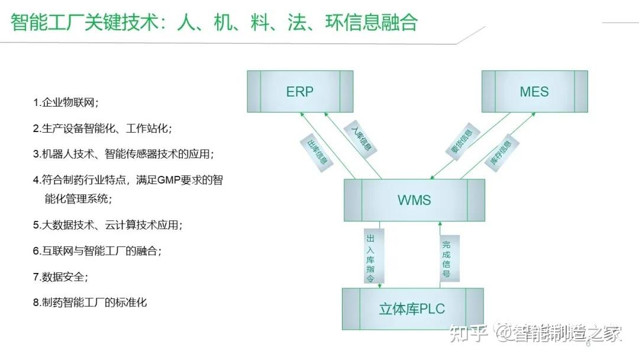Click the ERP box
click(x=300, y=92)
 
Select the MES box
click(x=534, y=92)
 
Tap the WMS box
click(x=414, y=200)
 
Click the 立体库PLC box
click(x=412, y=308)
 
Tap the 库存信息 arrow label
click(x=501, y=152)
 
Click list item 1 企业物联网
click(x=66, y=102)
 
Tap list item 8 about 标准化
click(x=90, y=303)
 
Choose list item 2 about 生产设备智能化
click(x=102, y=128)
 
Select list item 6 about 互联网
click(x=97, y=251)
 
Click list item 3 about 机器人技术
click(x=123, y=154)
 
